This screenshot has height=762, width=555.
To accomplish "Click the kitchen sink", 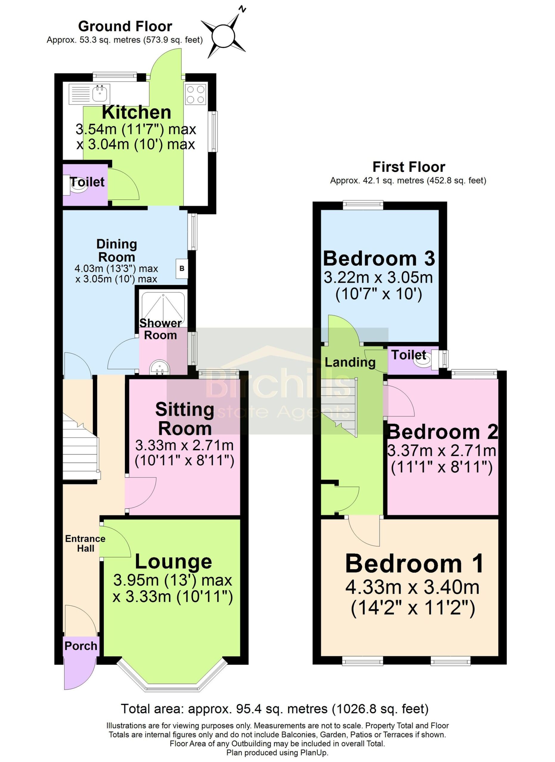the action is coord(89,94).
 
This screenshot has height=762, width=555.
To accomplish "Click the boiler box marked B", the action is coord(182,268).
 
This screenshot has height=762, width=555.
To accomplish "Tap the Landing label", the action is coord(350,362).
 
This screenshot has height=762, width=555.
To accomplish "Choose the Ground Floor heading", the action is coord(125,26).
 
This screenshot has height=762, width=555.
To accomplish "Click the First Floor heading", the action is coord(409,167).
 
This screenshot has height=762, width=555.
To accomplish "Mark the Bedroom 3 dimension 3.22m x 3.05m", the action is coord(378,277).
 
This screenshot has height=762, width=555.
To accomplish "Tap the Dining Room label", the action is coord(117,250).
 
